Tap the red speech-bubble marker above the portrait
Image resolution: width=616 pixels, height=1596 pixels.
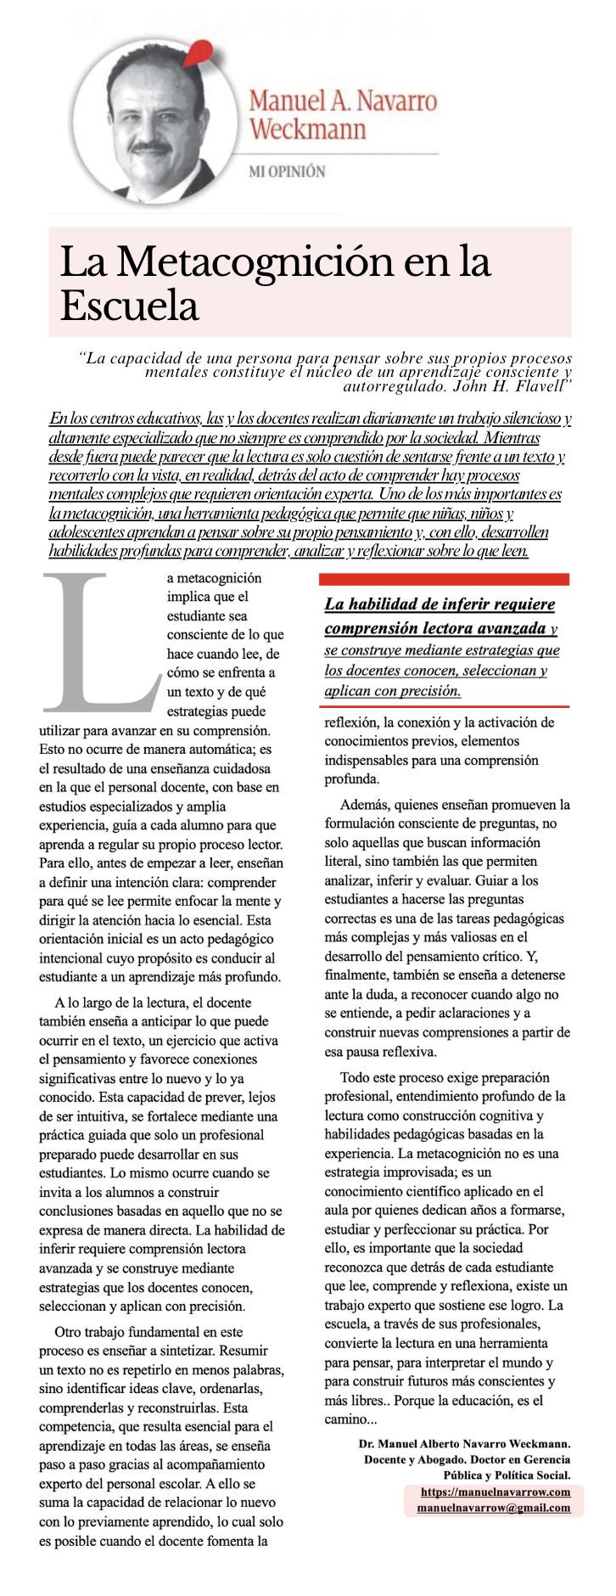pyautogui.click(x=199, y=53)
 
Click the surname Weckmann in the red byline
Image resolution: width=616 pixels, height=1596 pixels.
pyautogui.click(x=307, y=130)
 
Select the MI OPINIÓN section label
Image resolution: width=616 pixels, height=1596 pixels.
pyautogui.click(x=286, y=171)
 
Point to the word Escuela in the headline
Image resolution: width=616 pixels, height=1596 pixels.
pyautogui.click(x=129, y=305)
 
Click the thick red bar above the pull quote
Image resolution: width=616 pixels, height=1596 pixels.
pyautogui.click(x=444, y=579)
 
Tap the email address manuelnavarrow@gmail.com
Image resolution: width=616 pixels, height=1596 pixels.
pyautogui.click(x=494, y=1508)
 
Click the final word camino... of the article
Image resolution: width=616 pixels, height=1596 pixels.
pyautogui.click(x=349, y=1419)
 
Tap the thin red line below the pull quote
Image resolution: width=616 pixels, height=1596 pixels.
pyautogui.click(x=444, y=706)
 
